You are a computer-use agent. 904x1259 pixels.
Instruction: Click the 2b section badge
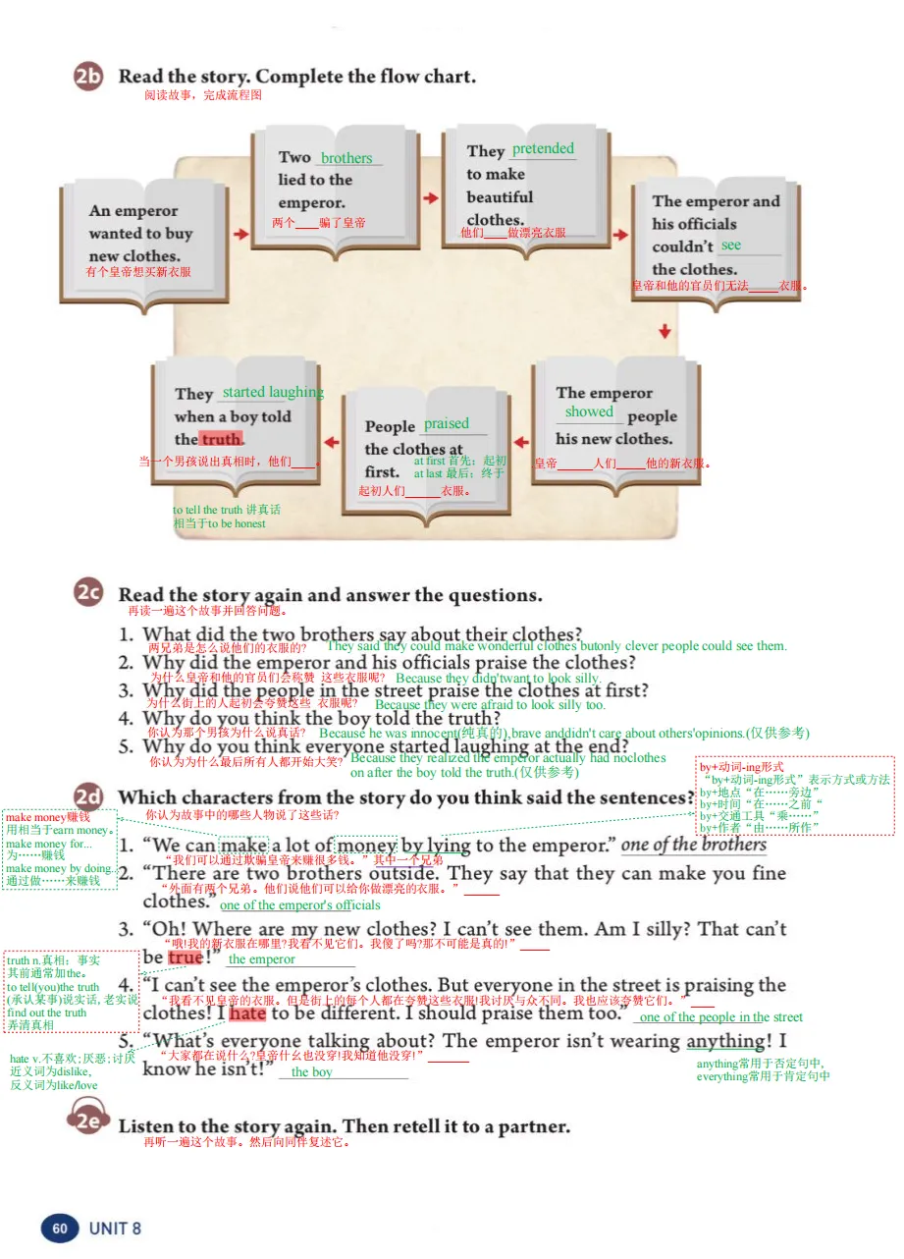point(88,78)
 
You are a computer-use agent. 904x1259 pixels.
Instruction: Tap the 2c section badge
point(88,593)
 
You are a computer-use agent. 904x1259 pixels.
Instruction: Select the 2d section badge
point(88,797)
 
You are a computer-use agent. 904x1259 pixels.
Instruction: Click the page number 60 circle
point(60,1228)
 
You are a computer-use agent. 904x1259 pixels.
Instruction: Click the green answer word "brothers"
point(346,158)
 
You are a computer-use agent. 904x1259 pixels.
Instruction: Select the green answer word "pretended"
point(543,149)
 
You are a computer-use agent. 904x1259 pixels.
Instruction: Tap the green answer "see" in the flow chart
point(731,246)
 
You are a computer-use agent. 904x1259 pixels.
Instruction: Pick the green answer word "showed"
point(589,412)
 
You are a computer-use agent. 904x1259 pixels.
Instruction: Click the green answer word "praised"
point(447,424)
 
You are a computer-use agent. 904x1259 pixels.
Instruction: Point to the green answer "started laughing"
point(273,393)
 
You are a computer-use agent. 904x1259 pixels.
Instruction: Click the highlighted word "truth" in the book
point(221,439)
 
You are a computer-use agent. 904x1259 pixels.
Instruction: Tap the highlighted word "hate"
point(248,1013)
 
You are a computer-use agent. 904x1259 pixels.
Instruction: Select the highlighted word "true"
point(186,958)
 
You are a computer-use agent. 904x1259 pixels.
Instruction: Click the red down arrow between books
point(665,332)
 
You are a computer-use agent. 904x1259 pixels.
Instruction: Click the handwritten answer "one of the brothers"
point(694,846)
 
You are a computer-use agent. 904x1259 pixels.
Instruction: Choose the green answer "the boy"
point(312,1072)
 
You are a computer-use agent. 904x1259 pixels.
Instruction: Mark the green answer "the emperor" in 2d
point(261,959)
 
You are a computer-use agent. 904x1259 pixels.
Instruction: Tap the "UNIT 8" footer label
point(115,1229)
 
